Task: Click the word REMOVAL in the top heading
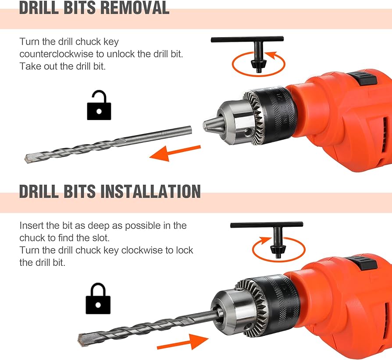pyautogui.click(x=135, y=8)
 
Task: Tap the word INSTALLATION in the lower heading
pyautogui.click(x=150, y=191)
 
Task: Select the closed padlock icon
pyautogui.click(x=98, y=298)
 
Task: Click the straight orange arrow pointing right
pyautogui.click(x=183, y=342)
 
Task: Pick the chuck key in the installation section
pyautogui.click(x=267, y=237)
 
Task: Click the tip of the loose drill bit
pyautogui.click(x=26, y=158)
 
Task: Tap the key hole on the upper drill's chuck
pyautogui.click(x=249, y=132)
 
